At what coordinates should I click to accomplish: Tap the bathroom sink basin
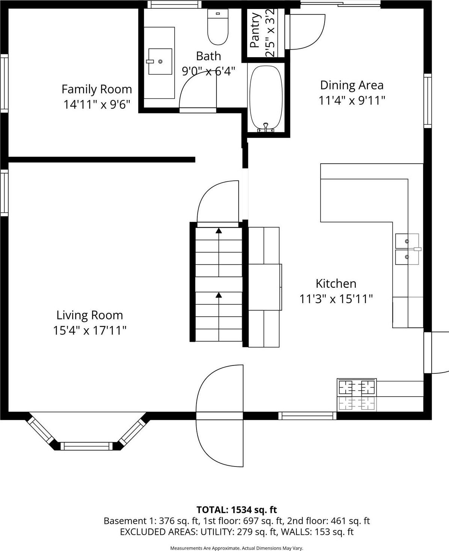pos(160,61)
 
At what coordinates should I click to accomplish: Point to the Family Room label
pos(97,89)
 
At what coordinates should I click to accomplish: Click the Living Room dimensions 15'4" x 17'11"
pos(89,331)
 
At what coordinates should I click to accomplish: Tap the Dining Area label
pos(352,85)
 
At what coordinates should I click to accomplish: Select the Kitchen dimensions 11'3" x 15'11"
pos(336,299)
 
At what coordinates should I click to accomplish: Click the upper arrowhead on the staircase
pos(219,230)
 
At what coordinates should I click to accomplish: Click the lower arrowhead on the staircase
pos(219,295)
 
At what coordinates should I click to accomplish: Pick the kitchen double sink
pos(407,249)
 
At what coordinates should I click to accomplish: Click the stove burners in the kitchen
pos(357,387)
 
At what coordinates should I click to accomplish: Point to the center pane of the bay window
pos(86,446)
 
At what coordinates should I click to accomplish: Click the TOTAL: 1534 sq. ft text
pos(237,510)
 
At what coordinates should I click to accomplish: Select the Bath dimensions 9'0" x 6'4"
pos(209,71)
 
